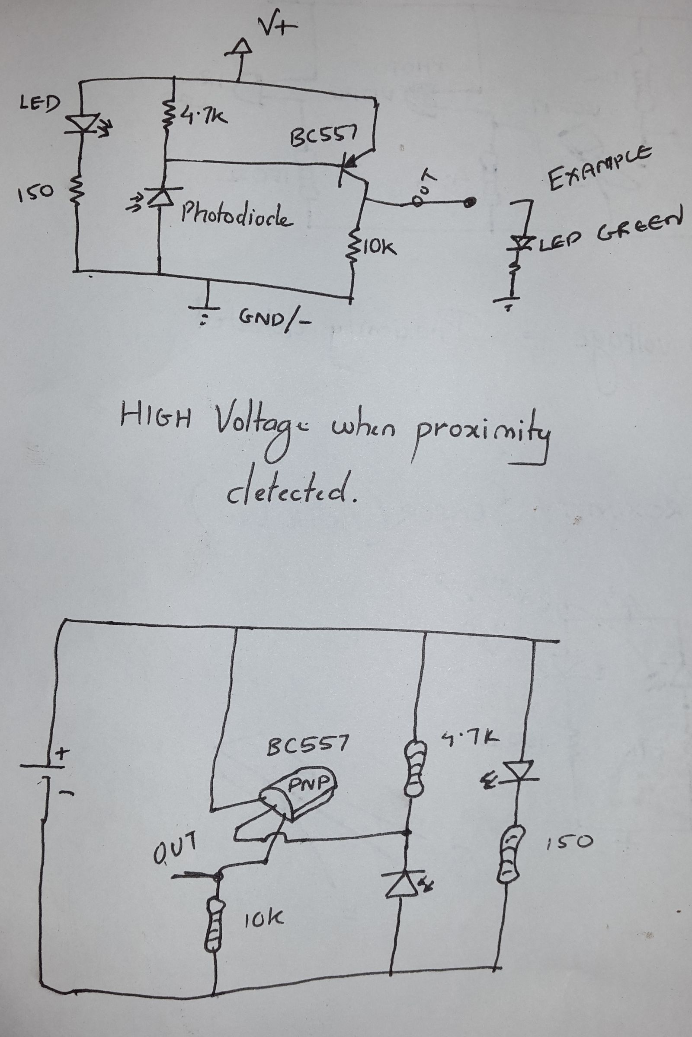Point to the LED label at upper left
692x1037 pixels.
click(39, 104)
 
